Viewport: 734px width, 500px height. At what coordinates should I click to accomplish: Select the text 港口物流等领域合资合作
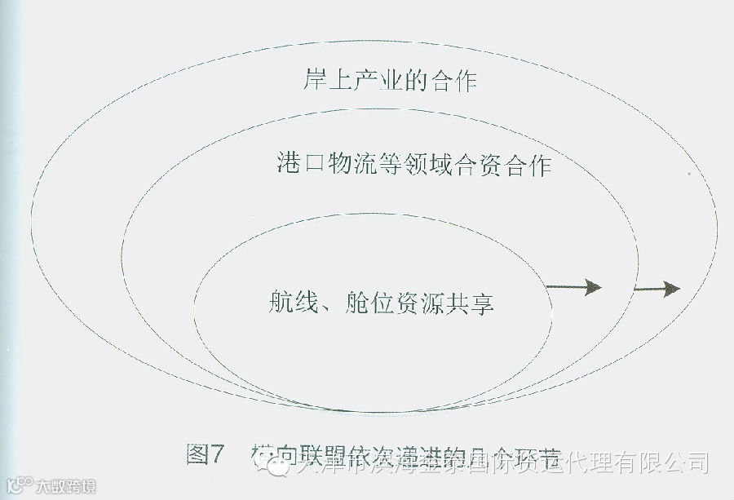(414, 165)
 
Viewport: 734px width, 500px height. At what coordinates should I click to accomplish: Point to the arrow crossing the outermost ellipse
(657, 287)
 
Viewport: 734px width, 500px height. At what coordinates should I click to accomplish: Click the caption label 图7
(205, 454)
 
